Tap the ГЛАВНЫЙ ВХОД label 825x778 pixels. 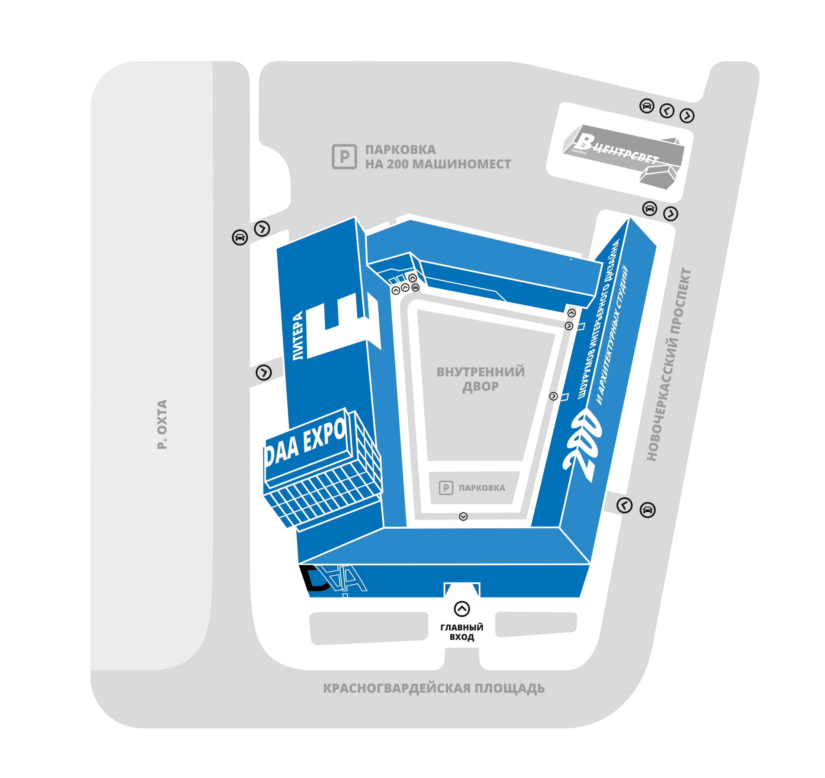(462, 632)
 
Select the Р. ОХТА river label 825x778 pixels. (162, 424)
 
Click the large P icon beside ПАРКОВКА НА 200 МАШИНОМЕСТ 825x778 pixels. (344, 157)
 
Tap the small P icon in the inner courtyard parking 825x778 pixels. (446, 488)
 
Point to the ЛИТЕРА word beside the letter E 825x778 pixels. (298, 336)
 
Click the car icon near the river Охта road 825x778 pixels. (240, 237)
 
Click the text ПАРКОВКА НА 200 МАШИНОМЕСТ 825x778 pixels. (438, 157)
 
